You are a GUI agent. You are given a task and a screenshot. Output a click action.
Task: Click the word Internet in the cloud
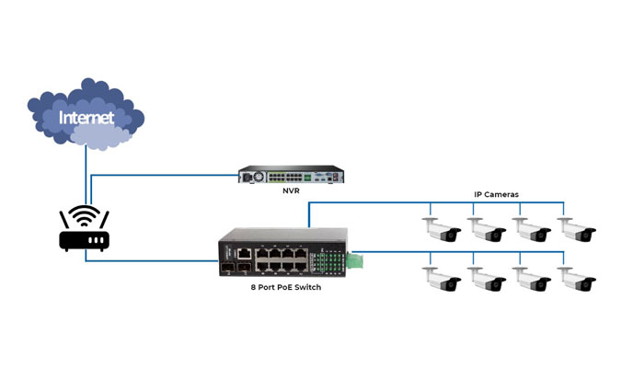86,118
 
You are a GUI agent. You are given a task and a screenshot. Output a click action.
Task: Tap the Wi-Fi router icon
85,228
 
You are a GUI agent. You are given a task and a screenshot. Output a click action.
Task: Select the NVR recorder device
291,175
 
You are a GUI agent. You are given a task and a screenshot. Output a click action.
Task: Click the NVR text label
291,191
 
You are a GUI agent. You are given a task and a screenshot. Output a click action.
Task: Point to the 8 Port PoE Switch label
286,287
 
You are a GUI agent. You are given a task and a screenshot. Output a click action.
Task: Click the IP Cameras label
496,195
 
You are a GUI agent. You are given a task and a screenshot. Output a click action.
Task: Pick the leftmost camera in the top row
442,230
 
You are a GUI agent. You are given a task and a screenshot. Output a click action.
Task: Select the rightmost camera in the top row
577,230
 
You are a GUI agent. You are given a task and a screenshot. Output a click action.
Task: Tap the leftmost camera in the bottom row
442,280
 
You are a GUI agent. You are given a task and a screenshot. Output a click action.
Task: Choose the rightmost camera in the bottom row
577,280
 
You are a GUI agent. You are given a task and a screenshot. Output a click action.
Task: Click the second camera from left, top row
487,230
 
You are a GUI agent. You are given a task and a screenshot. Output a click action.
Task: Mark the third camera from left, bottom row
532,280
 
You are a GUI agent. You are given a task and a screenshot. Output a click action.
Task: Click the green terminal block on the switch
354,260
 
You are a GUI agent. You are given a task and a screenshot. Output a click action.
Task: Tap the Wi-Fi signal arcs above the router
85,215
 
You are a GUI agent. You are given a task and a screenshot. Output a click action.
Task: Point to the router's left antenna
64,220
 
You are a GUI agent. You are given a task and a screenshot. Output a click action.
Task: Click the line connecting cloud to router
86,176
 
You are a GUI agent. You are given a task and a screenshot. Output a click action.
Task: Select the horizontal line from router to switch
152,260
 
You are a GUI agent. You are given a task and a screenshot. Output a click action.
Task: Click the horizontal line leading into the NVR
165,176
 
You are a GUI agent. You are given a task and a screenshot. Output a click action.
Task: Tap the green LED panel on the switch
328,262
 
